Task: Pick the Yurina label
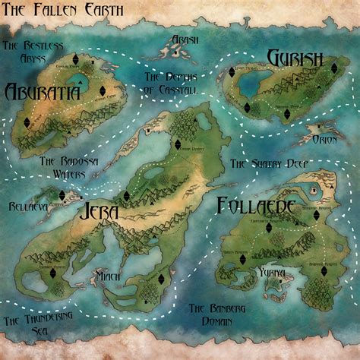(270, 272)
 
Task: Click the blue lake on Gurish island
(249, 87)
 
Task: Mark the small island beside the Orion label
(313, 130)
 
